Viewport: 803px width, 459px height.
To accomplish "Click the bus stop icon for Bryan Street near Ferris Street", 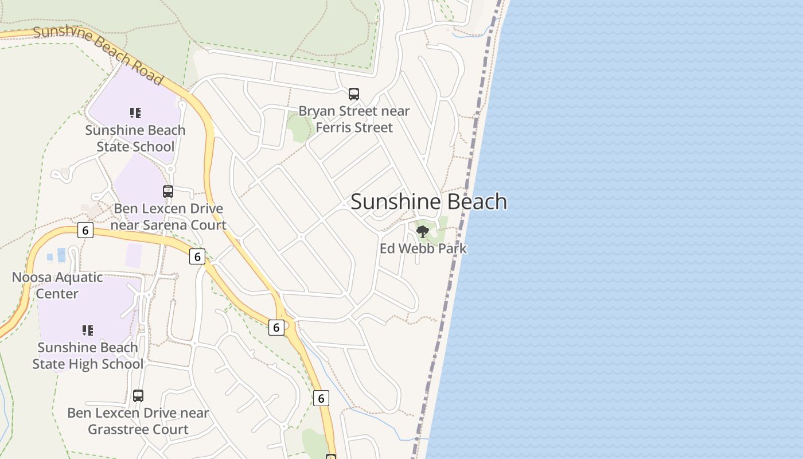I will point(354,94).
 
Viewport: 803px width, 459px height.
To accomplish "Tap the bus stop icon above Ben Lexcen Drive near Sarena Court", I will point(168,192).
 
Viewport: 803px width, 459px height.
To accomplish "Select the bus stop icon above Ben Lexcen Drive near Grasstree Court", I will point(138,395).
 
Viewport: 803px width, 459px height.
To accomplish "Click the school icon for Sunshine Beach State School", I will point(135,113).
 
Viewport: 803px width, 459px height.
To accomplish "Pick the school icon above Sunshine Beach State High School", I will point(88,330).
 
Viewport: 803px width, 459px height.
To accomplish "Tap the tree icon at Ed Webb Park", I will point(423,232).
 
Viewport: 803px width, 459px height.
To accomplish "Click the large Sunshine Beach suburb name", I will point(428,202).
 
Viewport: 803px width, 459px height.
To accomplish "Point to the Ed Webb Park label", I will point(423,248).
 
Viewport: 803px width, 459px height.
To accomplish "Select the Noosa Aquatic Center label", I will point(57,285).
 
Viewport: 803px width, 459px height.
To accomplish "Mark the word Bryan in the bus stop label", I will point(314,111).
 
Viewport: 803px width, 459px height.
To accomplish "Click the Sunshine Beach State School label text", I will point(135,138).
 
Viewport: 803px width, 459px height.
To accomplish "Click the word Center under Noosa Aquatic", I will point(57,294).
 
